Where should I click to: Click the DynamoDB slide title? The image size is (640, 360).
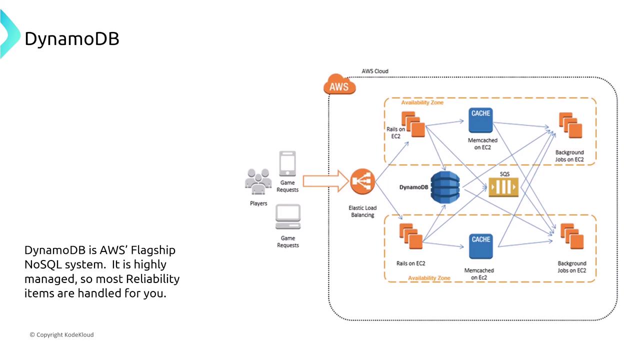coord(72,38)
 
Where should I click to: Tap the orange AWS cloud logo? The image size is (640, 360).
coord(339,86)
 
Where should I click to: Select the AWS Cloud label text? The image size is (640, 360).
coord(374,71)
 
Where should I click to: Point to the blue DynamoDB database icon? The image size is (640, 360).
coord(445,187)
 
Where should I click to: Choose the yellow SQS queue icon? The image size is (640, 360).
coord(503,187)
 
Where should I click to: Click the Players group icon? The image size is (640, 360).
coord(258,181)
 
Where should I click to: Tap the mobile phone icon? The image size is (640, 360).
coord(287,163)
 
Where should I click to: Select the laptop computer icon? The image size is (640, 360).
coord(287,217)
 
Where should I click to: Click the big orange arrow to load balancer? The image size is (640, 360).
coord(325,180)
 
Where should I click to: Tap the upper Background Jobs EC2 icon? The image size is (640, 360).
coord(570,126)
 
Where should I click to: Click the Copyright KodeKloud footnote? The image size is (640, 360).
coord(61,334)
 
